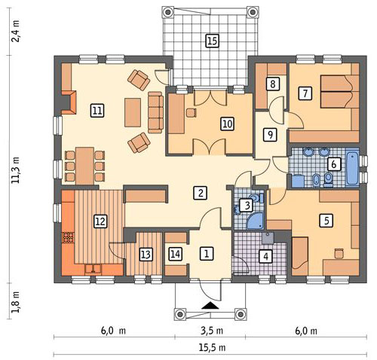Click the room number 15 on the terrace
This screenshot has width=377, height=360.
pyautogui.click(x=213, y=41)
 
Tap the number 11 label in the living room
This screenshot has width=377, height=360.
pyautogui.click(x=97, y=111)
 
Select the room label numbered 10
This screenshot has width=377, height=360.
pyautogui.click(x=227, y=124)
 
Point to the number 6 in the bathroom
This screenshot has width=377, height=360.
pyautogui.click(x=333, y=164)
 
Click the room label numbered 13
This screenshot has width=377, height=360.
pyautogui.click(x=146, y=255)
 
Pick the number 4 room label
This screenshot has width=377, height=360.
pyautogui.click(x=265, y=257)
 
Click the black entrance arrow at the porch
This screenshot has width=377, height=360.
pyautogui.click(x=210, y=306)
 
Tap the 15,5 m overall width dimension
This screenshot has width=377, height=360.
pyautogui.click(x=213, y=348)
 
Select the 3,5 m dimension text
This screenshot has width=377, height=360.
pyautogui.click(x=212, y=331)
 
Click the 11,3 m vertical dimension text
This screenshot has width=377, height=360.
pyautogui.click(x=16, y=170)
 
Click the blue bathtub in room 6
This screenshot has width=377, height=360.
pyautogui.click(x=352, y=167)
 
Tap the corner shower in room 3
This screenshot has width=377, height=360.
pyautogui.click(x=255, y=221)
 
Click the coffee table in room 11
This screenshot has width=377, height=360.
pyautogui.click(x=133, y=112)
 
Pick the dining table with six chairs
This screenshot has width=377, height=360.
pyautogui.click(x=85, y=166)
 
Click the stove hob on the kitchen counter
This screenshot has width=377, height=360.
pyautogui.click(x=68, y=238)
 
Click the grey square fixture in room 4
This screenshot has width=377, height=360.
pyautogui.click(x=268, y=238)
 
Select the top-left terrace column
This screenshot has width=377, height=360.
pyautogui.click(x=167, y=12)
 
